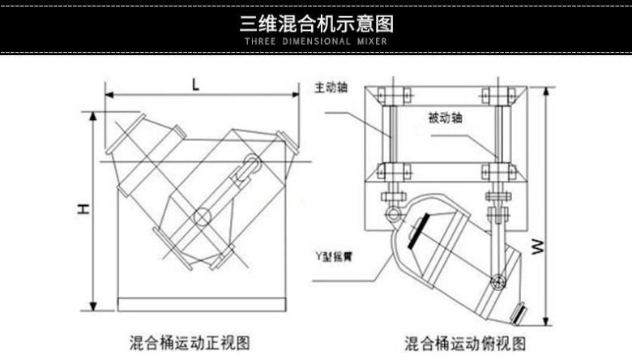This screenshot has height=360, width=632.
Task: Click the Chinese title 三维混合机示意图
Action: [x=315, y=21]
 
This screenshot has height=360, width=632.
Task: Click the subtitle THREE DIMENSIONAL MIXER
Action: [x=315, y=41]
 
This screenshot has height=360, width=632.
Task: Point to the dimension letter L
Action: [x=196, y=83]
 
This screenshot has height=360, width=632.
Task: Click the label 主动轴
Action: [x=330, y=87]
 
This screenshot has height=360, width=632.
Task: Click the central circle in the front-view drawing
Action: [x=201, y=216]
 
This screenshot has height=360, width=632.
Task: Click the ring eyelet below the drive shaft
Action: [x=393, y=214]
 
